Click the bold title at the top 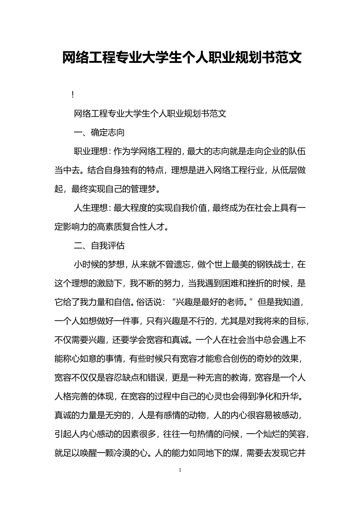182,58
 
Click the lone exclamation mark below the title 72,95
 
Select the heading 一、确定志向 99,133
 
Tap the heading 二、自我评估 99,246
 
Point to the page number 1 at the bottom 180,470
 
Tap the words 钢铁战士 274,265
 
